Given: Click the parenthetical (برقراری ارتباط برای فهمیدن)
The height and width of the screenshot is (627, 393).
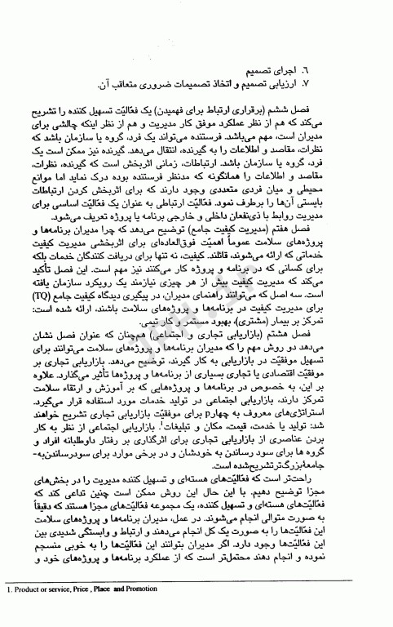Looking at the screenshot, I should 245,109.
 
